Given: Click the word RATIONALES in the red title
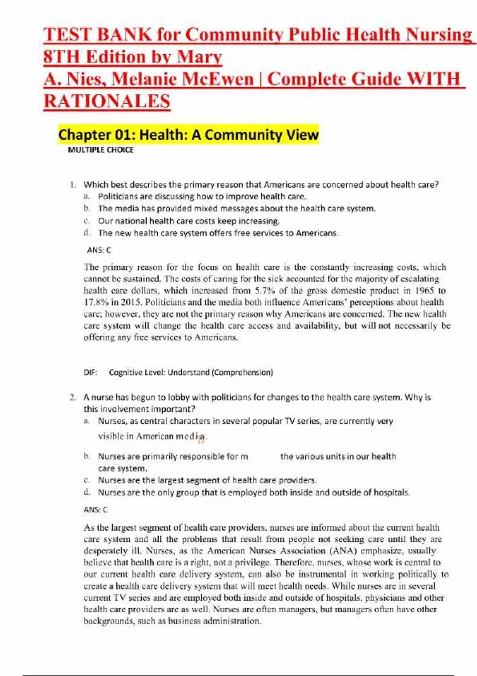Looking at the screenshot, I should [107, 101].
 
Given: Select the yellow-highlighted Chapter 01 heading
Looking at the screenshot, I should [188, 135].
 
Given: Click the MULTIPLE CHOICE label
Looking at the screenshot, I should [101, 150].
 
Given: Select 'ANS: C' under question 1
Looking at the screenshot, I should [99, 250].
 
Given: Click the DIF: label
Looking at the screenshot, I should [90, 373].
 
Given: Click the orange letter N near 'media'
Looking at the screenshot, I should [201, 439].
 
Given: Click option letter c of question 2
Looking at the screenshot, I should [87, 480].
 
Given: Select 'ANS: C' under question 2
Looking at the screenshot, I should [95, 509].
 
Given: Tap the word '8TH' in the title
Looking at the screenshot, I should [62, 57].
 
